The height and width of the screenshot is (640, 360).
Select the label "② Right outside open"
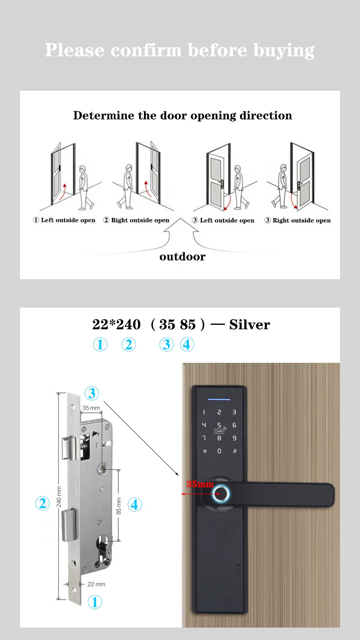(136, 220)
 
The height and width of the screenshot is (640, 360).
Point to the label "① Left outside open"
(64, 220)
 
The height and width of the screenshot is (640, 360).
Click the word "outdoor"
(182, 257)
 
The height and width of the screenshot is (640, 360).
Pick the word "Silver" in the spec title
(250, 324)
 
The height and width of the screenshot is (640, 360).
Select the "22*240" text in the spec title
(116, 324)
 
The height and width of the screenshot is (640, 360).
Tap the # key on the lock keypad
(235, 451)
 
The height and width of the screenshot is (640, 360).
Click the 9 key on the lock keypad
(234, 438)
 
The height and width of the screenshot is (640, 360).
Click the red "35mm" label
(200, 484)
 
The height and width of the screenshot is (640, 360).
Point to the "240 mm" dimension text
(59, 497)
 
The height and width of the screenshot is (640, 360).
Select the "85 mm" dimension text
(118, 506)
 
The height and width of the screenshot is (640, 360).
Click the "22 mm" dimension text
(96, 584)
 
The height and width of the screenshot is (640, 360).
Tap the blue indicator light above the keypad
(219, 399)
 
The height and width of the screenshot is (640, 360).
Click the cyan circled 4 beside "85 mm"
(135, 505)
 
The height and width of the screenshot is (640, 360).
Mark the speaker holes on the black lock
(238, 566)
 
